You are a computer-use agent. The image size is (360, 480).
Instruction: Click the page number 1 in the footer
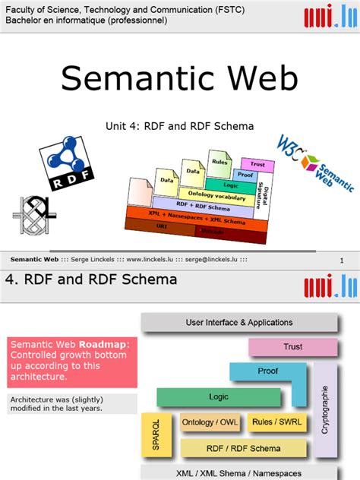(x=342, y=261)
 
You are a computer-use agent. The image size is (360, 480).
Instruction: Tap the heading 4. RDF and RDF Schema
(x=91, y=279)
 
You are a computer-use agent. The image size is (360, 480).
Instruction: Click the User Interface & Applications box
(x=239, y=323)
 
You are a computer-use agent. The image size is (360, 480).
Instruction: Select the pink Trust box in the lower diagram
(x=292, y=347)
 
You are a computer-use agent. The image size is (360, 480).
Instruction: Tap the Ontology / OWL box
(x=208, y=422)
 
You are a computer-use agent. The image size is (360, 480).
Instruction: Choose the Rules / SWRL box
(x=276, y=422)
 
